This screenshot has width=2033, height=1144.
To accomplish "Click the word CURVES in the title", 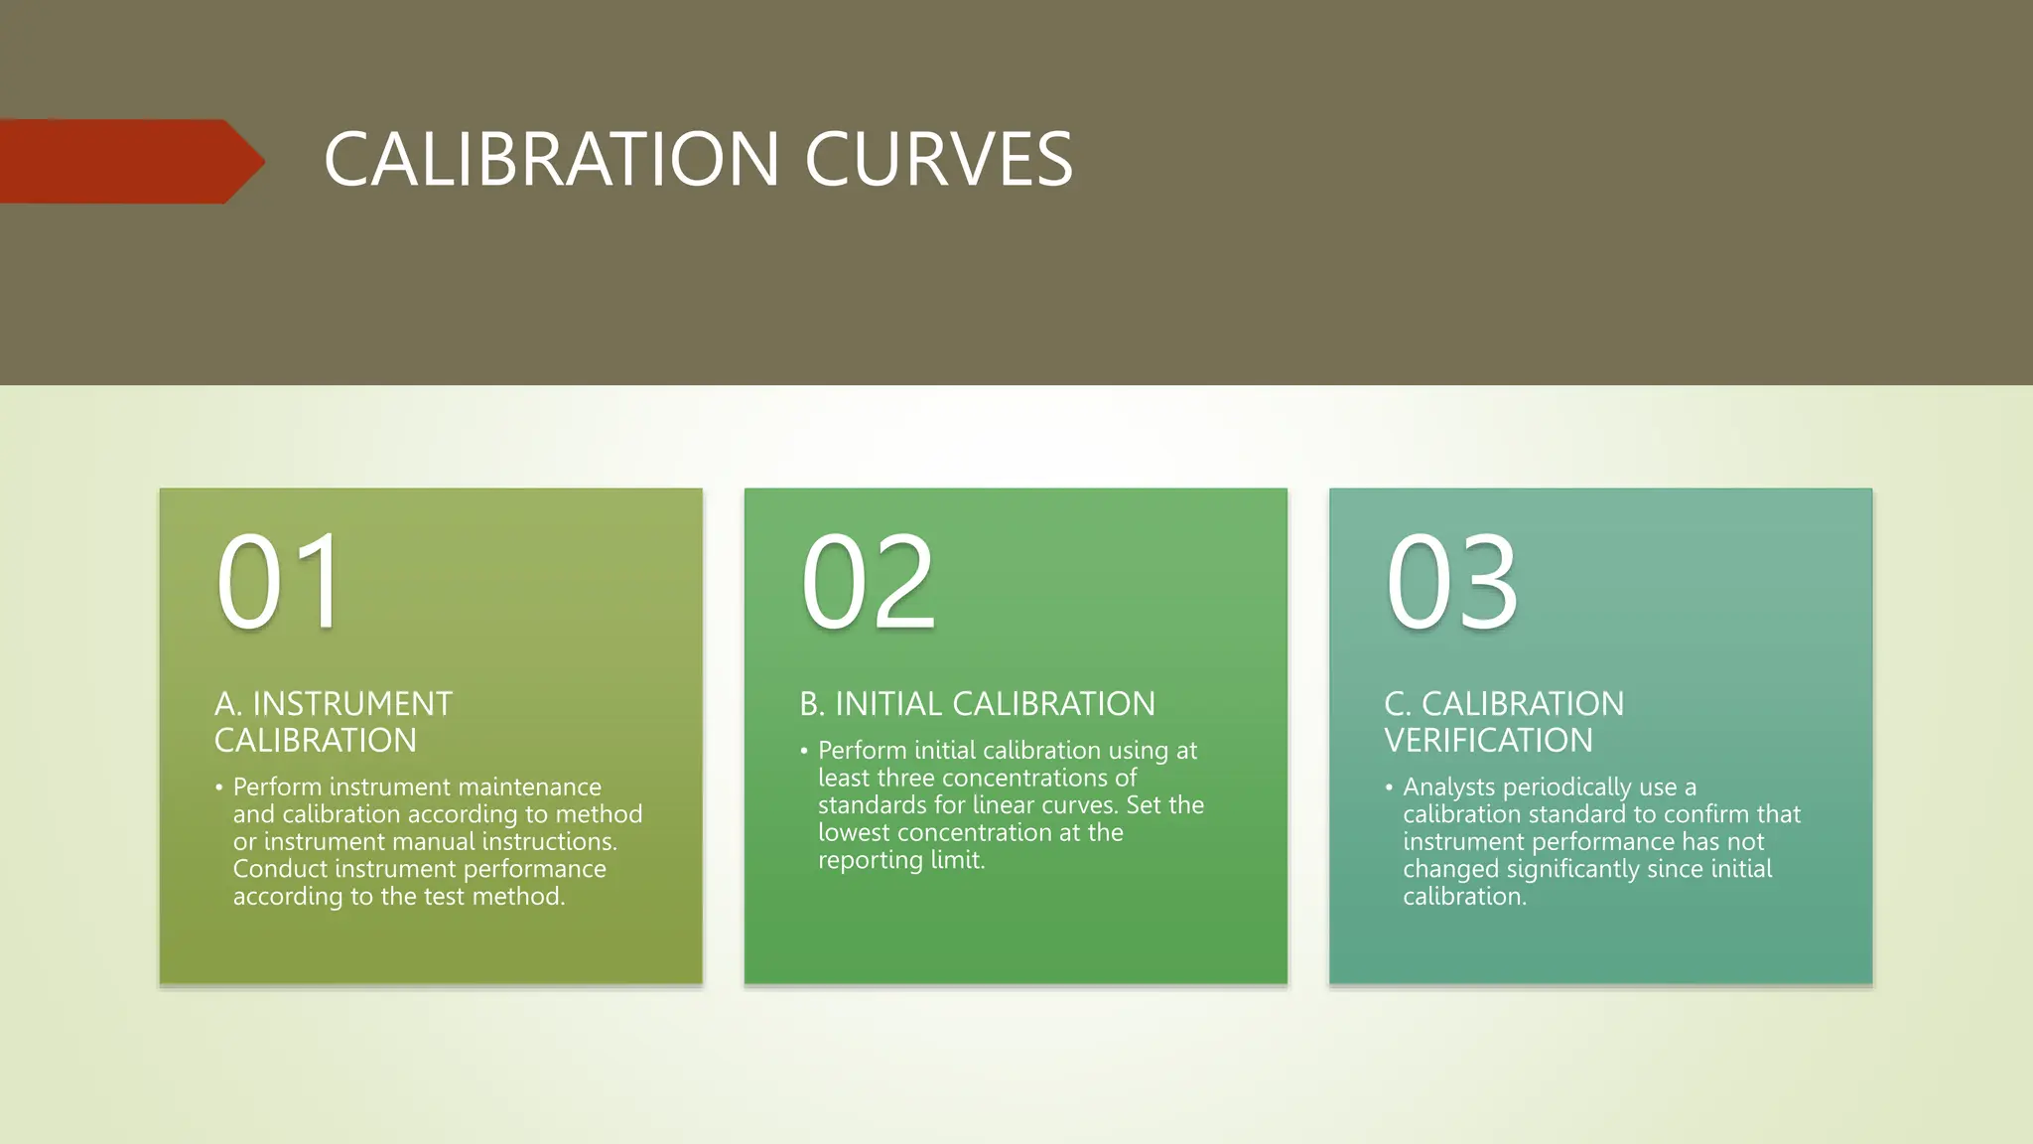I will (x=938, y=159).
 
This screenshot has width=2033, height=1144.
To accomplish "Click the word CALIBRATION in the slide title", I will (x=551, y=159).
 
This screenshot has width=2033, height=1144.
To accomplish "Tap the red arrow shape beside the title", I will (x=129, y=161).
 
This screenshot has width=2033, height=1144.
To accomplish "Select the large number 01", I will (x=281, y=582).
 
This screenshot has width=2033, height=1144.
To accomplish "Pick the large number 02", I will (x=868, y=582).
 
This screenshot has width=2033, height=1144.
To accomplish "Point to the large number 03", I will (x=1451, y=582).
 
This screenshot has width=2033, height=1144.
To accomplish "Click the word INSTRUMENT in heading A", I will (x=352, y=704).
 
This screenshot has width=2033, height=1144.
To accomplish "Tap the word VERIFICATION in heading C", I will (x=1488, y=741).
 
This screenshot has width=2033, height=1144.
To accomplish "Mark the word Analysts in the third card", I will (x=1448, y=787).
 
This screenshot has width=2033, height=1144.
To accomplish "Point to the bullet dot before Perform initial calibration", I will (x=804, y=751).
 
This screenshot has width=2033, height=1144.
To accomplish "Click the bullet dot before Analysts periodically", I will (x=1389, y=787).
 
